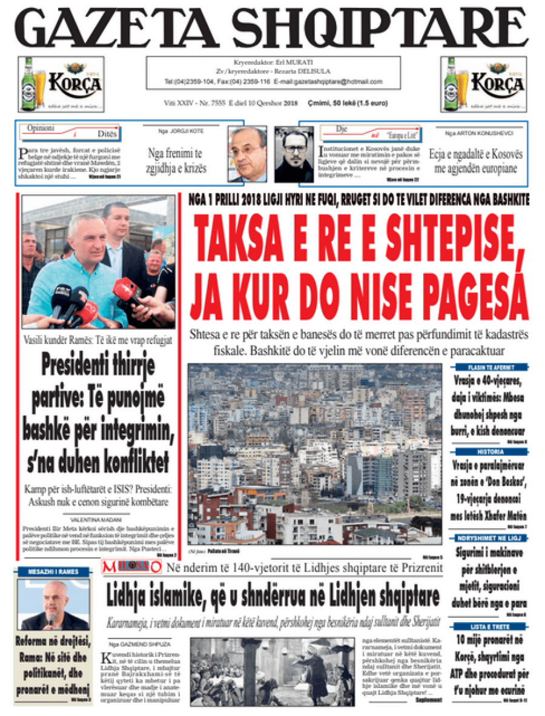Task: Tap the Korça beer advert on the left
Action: (x=61, y=84)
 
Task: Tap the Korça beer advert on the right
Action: (x=483, y=84)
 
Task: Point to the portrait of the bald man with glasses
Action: (x=247, y=154)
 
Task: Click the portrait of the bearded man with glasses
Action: (x=294, y=154)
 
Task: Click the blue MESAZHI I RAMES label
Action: (x=54, y=571)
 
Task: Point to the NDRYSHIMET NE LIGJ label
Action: (x=487, y=539)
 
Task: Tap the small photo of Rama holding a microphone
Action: (x=53, y=605)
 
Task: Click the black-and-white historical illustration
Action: (x=272, y=672)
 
